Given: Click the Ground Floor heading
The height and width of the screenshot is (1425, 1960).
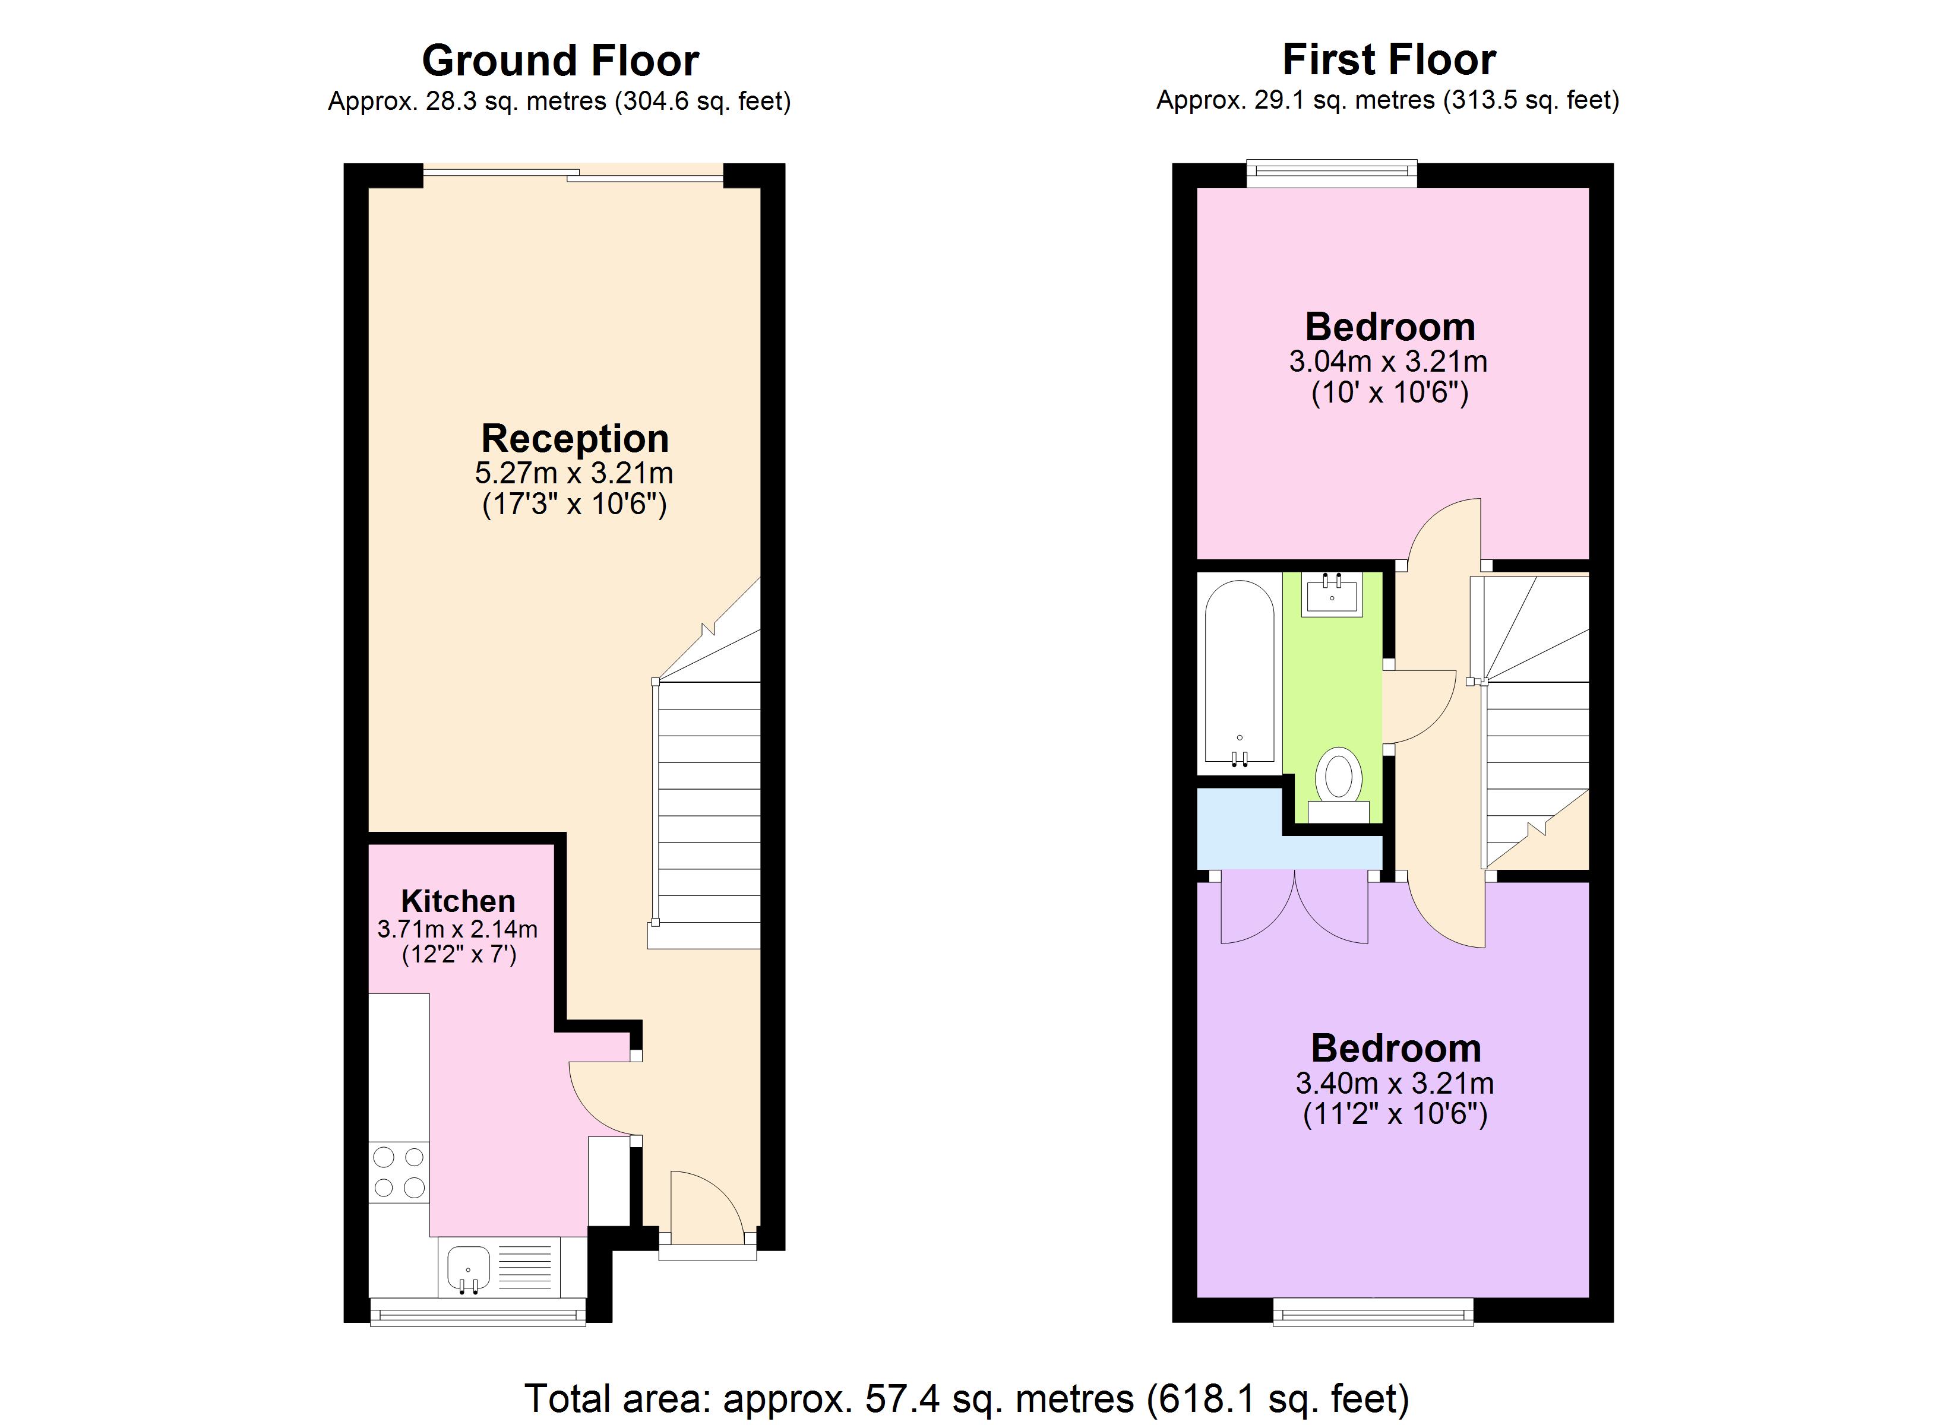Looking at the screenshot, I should pos(560,61).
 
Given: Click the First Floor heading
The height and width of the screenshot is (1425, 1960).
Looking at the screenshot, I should pos(1389,59).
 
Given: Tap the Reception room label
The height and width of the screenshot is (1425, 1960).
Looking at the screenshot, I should pos(575,438).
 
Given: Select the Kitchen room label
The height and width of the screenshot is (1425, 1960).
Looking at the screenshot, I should pos(458,901).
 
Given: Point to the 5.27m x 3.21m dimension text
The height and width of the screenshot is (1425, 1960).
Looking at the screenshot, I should pos(574,473).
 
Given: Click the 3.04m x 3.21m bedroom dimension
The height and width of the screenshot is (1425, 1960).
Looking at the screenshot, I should pos(1388,361).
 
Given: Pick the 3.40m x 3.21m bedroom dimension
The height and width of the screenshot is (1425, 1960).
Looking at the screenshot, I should pos(1395,1083).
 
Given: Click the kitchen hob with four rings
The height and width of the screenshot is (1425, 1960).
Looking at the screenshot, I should pos(399,1172).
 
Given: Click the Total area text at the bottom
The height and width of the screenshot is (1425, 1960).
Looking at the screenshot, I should pos(966,1397).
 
